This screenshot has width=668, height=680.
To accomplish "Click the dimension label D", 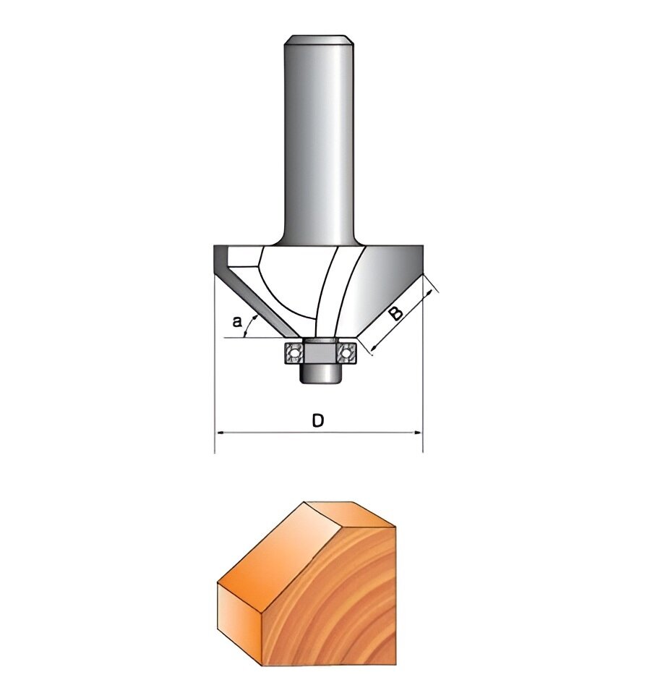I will tap(317, 420).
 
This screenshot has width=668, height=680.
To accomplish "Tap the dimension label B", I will tap(395, 313).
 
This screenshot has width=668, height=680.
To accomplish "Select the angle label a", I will tap(236, 322).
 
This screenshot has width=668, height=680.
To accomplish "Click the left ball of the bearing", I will tap(294, 353).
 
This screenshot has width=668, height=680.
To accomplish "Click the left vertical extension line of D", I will tap(215, 362).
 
